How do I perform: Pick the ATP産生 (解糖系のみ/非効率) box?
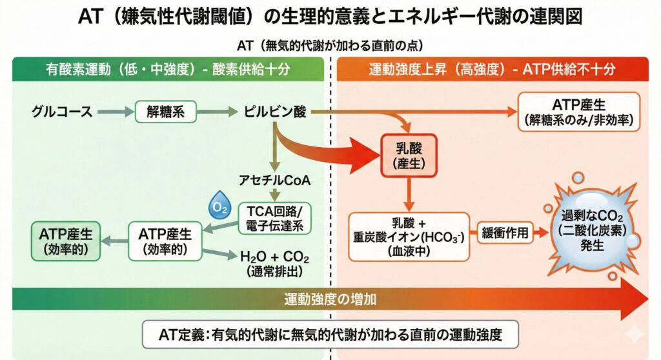[579, 112]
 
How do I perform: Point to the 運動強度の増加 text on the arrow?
[330, 299]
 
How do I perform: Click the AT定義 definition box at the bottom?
[330, 335]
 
